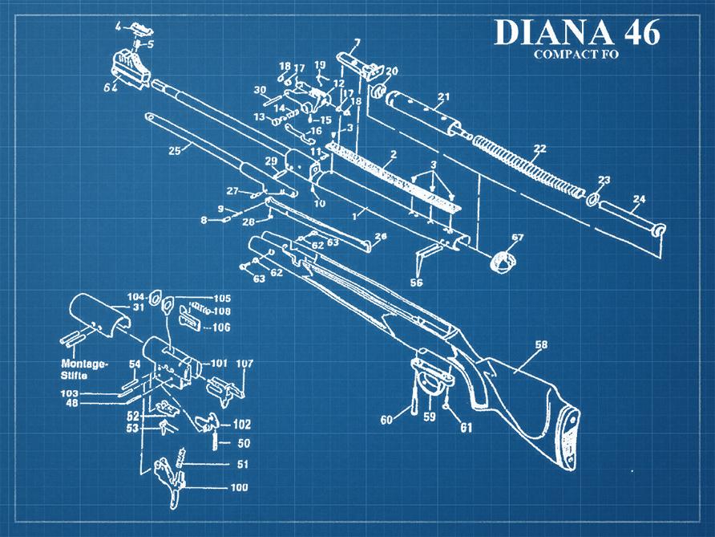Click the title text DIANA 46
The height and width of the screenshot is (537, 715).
(577, 32)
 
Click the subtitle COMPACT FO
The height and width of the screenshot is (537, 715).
(577, 55)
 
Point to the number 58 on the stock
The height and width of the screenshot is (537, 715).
(542, 345)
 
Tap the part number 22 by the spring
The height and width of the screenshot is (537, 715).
(539, 148)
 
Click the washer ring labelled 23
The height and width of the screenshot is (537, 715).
(593, 198)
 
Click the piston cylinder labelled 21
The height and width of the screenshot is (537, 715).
(421, 112)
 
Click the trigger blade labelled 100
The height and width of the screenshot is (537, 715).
(173, 482)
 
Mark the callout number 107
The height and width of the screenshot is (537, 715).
(244, 364)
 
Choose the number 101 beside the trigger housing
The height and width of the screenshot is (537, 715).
(218, 363)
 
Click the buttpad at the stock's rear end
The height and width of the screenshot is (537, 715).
(571, 438)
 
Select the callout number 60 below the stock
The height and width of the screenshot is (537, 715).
(387, 420)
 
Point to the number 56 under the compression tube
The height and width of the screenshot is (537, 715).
(416, 283)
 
